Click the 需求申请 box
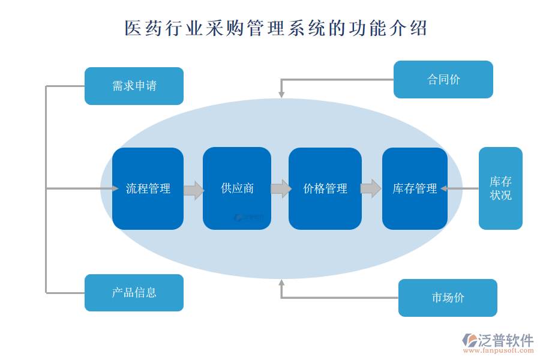(x=134, y=86)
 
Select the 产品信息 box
(x=134, y=293)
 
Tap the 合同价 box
(x=443, y=79)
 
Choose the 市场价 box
(x=448, y=298)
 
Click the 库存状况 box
(x=500, y=188)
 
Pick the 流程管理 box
(x=148, y=188)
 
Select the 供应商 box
(x=237, y=188)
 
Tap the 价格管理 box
(x=325, y=188)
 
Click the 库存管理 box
(x=415, y=188)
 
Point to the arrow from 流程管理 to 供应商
(x=193, y=190)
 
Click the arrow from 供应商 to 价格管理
(x=281, y=188)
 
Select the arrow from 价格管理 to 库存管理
(x=370, y=188)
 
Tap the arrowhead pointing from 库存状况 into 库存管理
(x=445, y=188)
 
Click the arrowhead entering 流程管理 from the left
(x=115, y=188)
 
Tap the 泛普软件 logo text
(x=505, y=340)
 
